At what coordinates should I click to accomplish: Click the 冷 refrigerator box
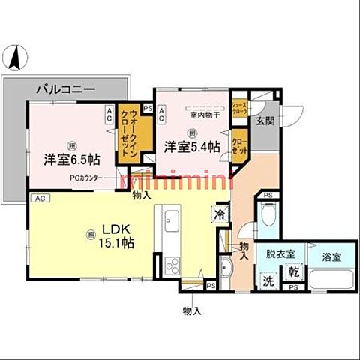point(220,214)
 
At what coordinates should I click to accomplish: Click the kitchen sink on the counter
point(169,223)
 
